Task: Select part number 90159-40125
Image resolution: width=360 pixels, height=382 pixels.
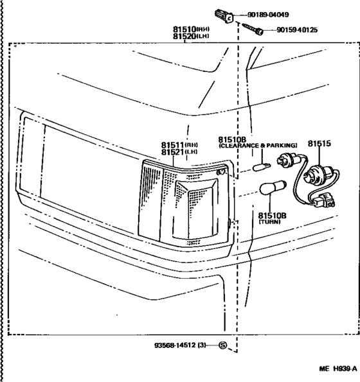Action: point(300,30)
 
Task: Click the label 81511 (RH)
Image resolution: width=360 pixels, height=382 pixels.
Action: point(179,145)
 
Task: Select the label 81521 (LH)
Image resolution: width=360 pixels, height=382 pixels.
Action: point(179,152)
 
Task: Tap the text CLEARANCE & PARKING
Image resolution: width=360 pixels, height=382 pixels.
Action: point(258,146)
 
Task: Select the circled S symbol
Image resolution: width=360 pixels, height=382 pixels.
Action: point(223,345)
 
